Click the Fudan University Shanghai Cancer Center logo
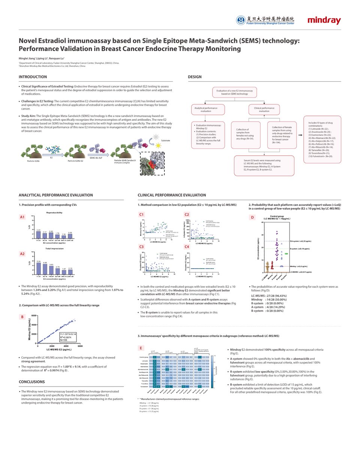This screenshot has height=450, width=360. coord(265,20)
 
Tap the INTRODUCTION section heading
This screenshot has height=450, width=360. coord(33,77)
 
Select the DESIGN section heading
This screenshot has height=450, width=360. coord(195,77)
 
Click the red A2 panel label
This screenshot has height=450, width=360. coord(22,254)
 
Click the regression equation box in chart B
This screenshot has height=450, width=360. coord(67,337)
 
